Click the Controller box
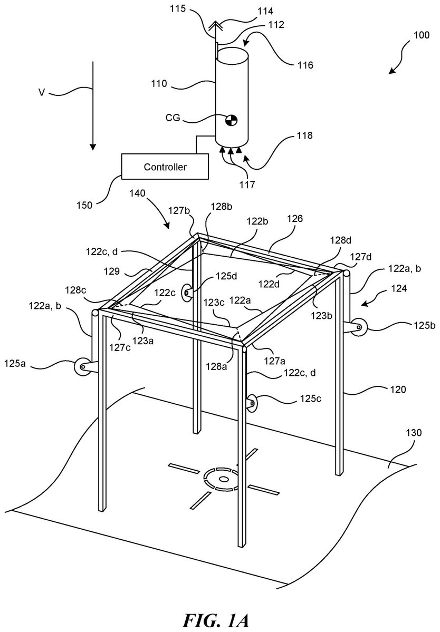[x=165, y=167]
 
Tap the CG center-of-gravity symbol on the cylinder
[x=232, y=120]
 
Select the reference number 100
[x=420, y=35]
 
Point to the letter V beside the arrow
[x=42, y=93]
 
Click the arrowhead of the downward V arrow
[x=93, y=146]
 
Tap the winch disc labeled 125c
[x=253, y=403]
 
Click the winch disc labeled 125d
[x=187, y=291]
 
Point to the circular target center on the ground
[x=223, y=479]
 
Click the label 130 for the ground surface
[x=413, y=432]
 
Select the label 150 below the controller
[x=84, y=205]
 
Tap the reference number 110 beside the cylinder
[x=159, y=84]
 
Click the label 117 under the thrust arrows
[x=247, y=184]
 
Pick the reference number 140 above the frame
[x=138, y=193]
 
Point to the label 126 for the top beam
[x=294, y=219]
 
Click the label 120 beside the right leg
[x=397, y=390]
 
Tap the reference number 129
[x=111, y=271]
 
